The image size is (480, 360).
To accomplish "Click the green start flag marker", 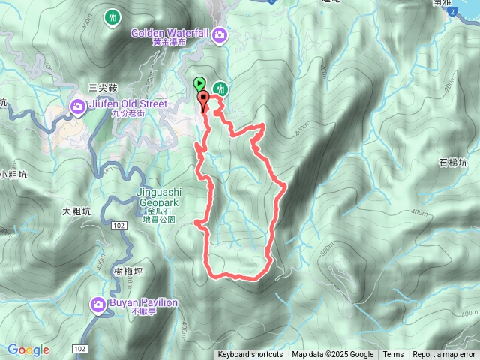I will [199, 83].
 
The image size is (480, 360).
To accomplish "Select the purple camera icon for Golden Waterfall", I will [220, 34].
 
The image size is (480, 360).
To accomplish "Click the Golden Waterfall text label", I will [170, 33].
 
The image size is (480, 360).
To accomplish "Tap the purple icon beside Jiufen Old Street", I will [79, 107].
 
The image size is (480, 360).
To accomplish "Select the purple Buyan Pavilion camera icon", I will [98, 304].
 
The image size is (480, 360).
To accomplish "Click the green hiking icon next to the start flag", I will [220, 88].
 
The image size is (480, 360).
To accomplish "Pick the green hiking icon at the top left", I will [112, 16].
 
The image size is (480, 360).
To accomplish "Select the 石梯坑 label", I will [452, 162].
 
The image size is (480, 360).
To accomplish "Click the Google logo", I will [28, 349].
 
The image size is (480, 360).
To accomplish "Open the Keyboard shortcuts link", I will [250, 355].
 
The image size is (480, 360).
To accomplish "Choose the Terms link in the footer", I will [393, 355].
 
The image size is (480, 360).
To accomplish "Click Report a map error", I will [445, 355].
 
